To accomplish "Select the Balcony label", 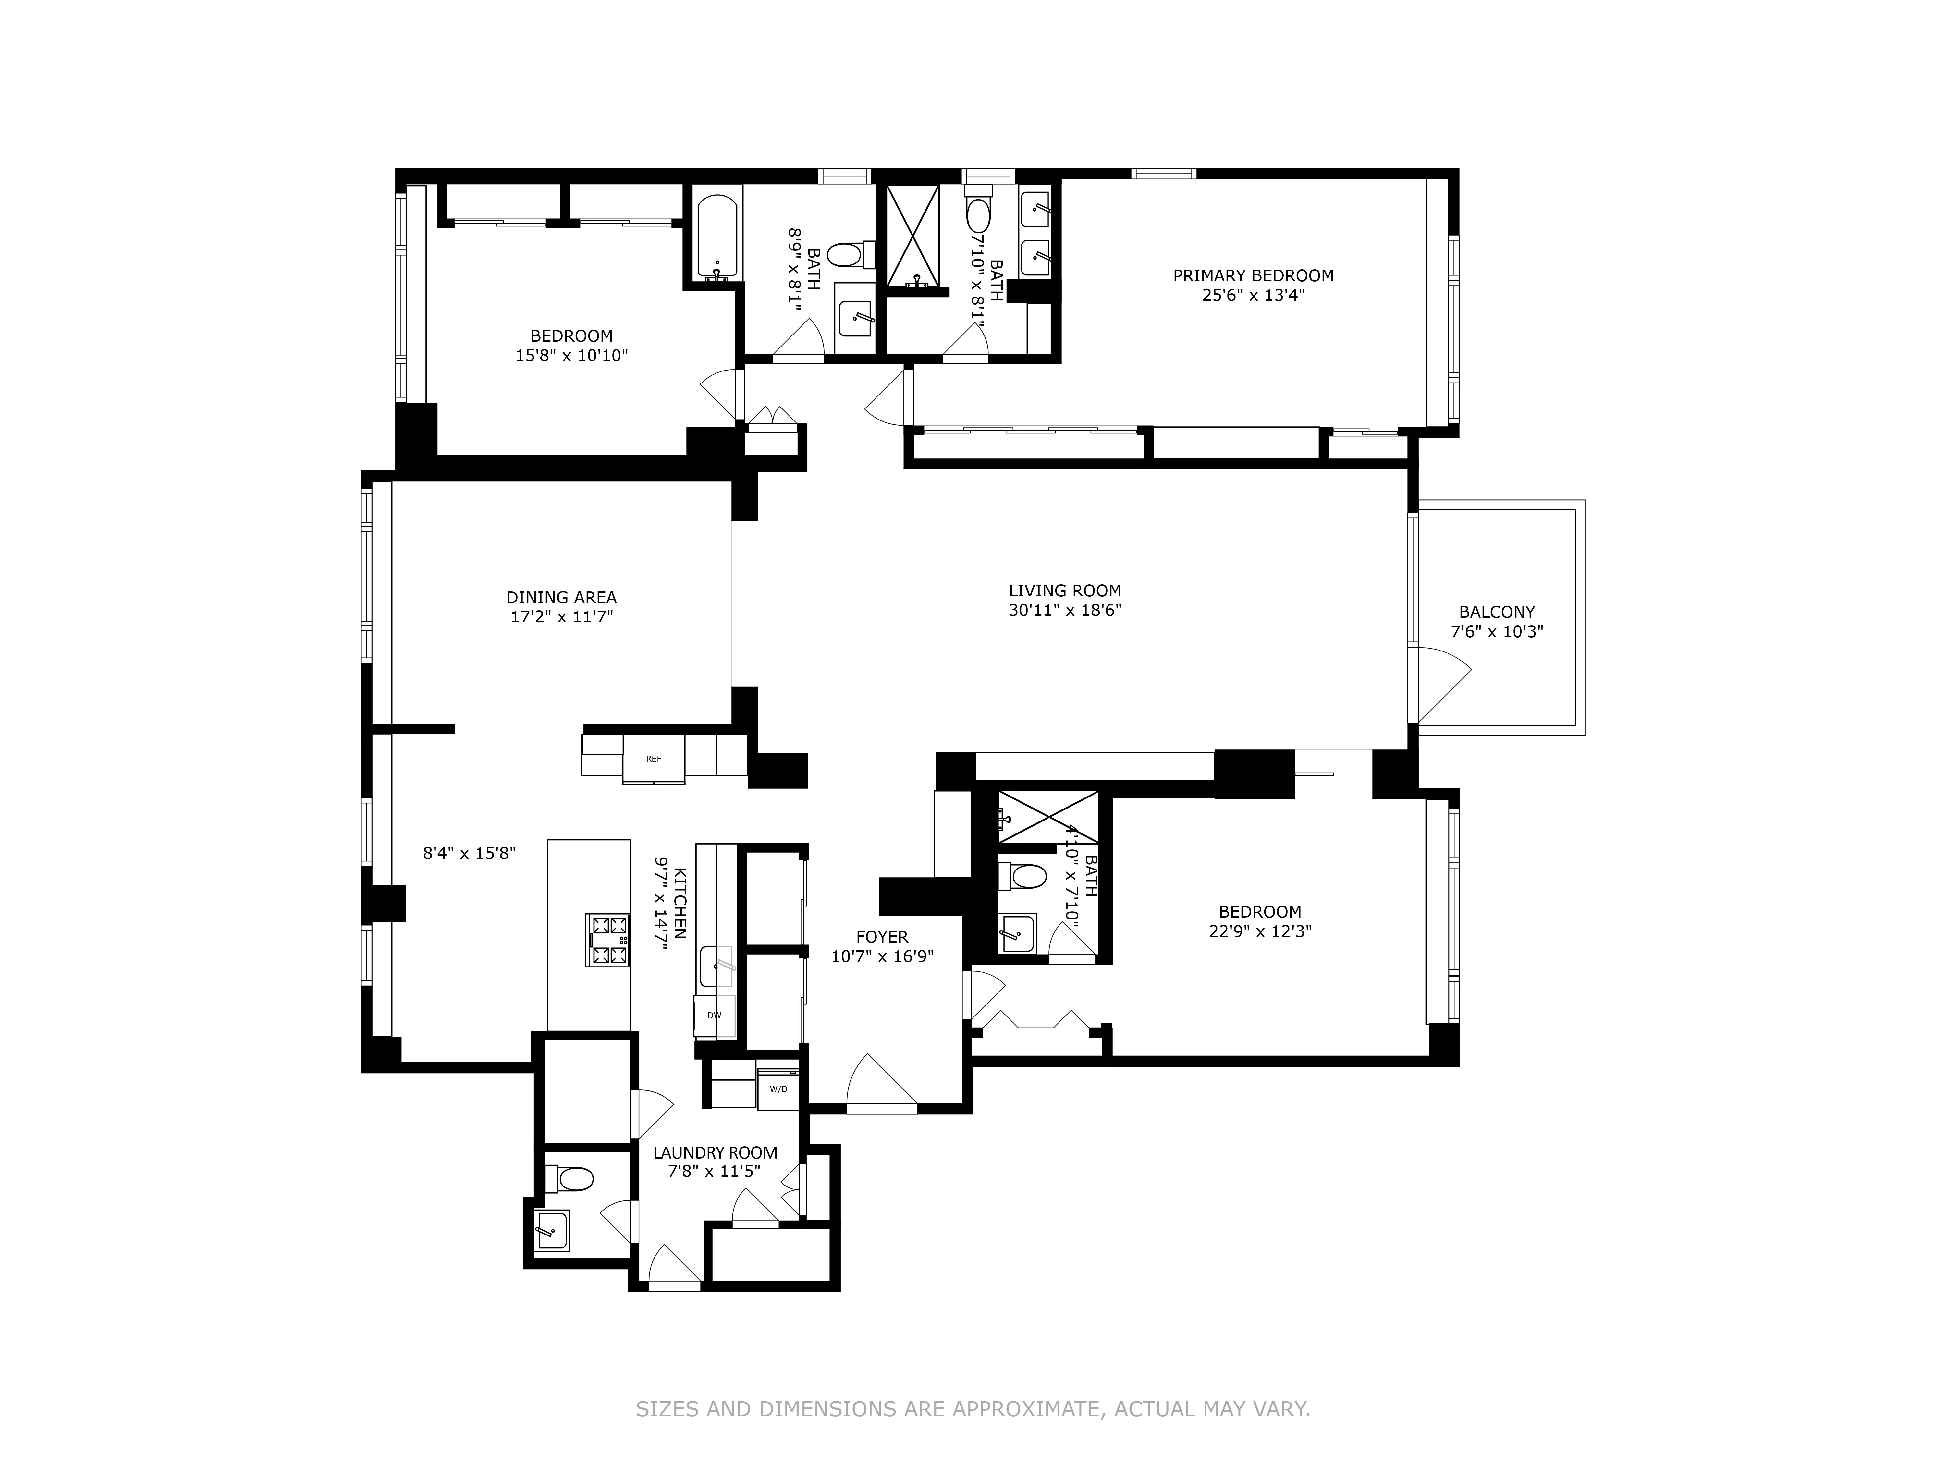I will [1496, 612].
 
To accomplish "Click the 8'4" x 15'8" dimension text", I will [469, 853].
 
